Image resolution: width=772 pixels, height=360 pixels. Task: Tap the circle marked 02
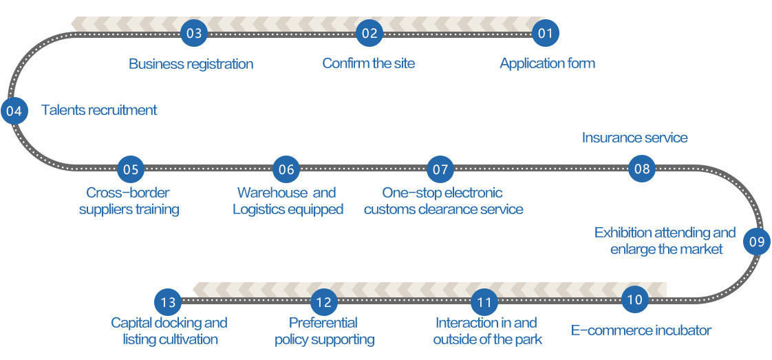tap(369, 32)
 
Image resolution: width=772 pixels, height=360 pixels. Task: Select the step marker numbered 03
tap(194, 32)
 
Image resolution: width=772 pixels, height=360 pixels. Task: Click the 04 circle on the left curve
tap(14, 110)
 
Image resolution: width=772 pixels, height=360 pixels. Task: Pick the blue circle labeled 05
tap(130, 169)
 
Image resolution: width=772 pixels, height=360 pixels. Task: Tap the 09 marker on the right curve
tap(756, 242)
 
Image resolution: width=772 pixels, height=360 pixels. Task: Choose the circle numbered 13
tap(168, 301)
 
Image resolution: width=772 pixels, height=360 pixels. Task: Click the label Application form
tap(547, 63)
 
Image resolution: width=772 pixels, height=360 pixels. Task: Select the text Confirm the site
tap(368, 63)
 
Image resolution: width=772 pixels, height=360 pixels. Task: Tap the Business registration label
tap(191, 64)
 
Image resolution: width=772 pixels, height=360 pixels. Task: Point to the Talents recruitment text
tap(99, 110)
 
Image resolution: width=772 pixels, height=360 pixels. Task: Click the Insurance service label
tap(634, 138)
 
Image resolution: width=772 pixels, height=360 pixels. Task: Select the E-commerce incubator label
tap(641, 330)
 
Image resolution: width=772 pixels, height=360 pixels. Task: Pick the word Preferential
tap(323, 323)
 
